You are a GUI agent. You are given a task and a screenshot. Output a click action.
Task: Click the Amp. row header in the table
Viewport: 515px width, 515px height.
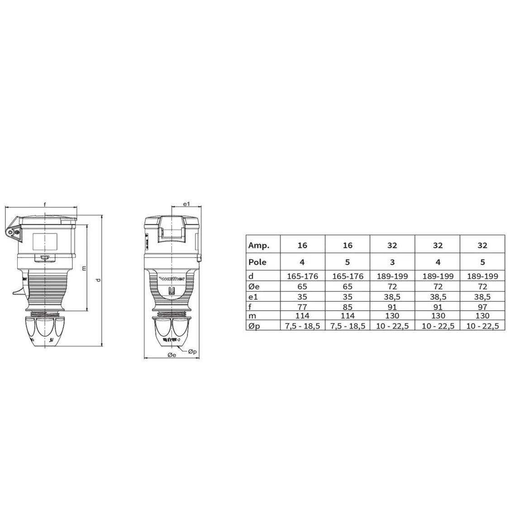pos(259,245)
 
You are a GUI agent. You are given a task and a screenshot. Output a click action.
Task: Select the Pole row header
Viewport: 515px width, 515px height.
pos(257,262)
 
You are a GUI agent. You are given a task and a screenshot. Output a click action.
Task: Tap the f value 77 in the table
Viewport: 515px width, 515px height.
pos(302,307)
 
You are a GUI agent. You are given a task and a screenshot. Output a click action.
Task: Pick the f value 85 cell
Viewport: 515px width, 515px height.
pos(348,307)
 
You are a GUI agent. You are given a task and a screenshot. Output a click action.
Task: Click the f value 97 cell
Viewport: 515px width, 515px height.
pos(482,307)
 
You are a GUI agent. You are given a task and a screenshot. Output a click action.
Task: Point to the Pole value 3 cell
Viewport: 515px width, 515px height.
pos(392,262)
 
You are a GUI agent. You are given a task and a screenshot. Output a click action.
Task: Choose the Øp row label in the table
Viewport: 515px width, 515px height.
pos(254,326)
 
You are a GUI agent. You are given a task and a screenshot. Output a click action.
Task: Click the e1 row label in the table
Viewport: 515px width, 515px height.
pos(253,297)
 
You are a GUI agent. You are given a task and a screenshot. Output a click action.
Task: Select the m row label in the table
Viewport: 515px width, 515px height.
pos(252,316)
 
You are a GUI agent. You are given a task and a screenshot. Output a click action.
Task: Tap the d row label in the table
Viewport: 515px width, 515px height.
pos(251,276)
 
